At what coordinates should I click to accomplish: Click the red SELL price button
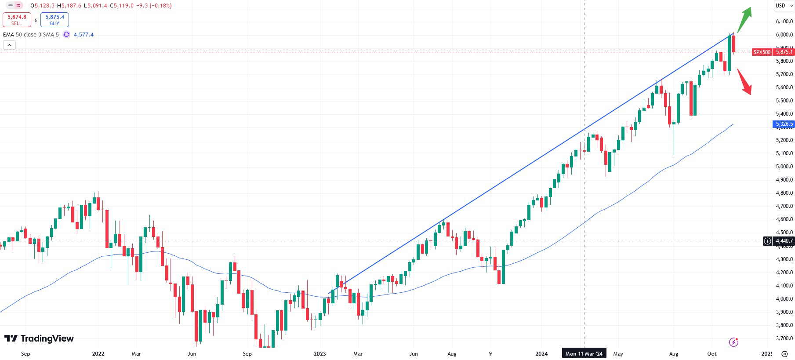[17, 20]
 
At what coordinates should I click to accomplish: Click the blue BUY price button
[54, 20]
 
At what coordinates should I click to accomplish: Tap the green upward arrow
[745, 18]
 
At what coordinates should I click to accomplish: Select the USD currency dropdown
[784, 6]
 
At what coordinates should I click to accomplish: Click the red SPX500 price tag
[762, 52]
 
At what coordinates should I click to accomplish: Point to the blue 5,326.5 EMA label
[784, 124]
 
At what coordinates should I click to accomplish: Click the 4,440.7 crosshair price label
[784, 241]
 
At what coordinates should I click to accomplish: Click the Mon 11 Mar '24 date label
[584, 353]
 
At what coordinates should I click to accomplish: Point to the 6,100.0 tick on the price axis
[784, 22]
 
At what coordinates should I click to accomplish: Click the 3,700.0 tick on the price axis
[784, 338]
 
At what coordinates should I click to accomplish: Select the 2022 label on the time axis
[98, 354]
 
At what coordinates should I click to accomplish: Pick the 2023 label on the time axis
[320, 354]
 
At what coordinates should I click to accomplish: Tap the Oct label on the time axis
[712, 354]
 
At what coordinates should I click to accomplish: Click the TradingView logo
[39, 338]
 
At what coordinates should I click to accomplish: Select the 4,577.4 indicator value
[83, 35]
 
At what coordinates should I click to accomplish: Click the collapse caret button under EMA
[9, 45]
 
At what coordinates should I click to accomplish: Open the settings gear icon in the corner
[784, 354]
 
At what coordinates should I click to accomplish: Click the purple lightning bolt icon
[733, 342]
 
